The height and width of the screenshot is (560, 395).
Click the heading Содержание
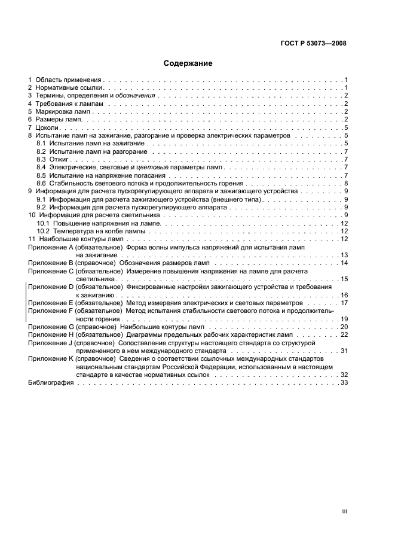click(188, 63)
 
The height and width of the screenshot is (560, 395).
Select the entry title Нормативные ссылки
click(66, 87)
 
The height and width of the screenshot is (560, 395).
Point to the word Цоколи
click(48, 127)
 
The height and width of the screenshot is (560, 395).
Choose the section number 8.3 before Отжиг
click(41, 160)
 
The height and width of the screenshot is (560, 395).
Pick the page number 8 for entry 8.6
click(346, 183)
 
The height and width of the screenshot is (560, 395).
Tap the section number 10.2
click(43, 231)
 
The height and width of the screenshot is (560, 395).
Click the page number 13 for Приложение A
click(344, 255)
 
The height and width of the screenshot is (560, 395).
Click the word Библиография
click(51, 382)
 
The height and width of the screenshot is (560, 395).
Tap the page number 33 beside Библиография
click(344, 382)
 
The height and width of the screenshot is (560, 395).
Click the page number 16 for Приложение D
click(344, 295)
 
